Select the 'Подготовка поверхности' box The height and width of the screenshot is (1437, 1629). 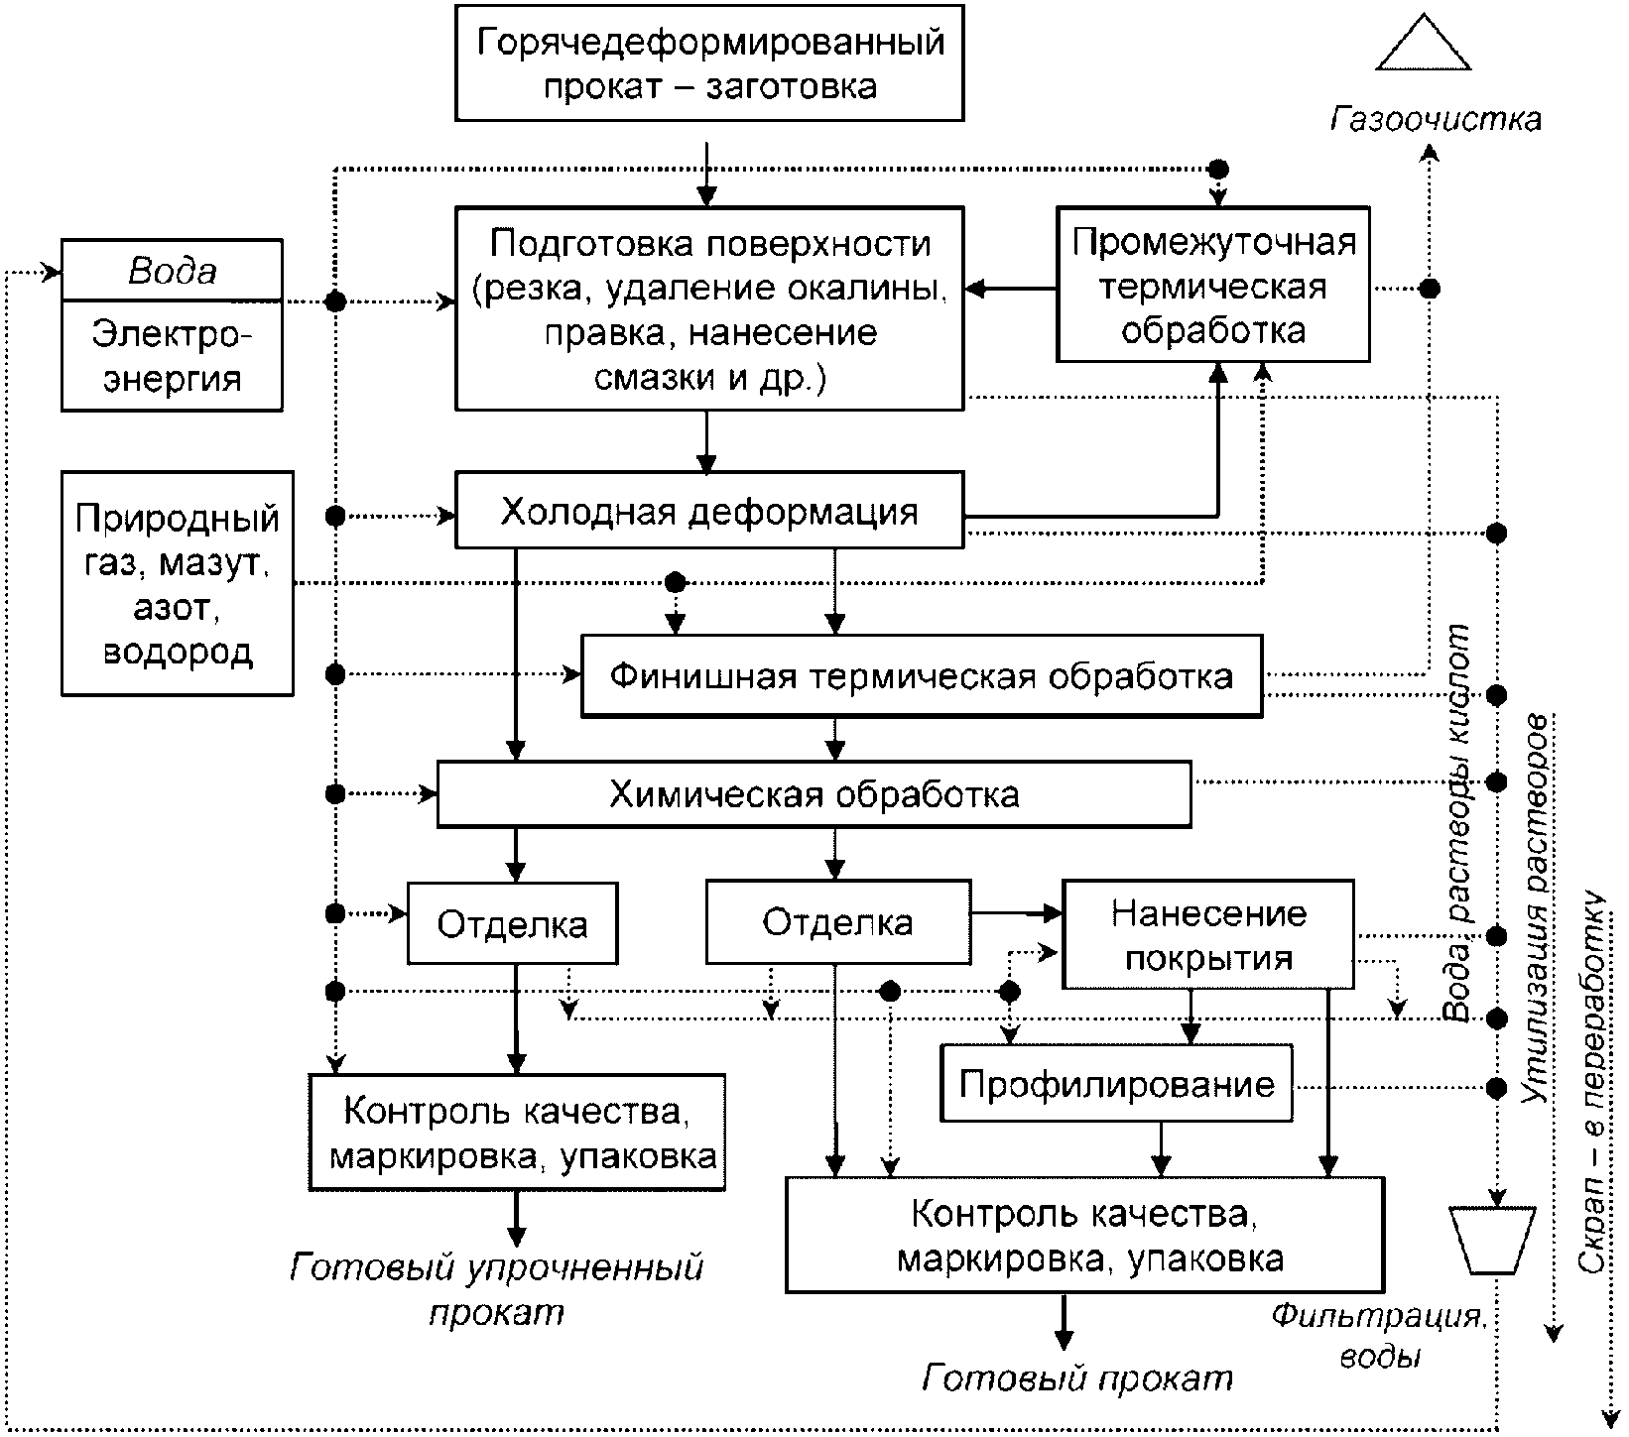(709, 308)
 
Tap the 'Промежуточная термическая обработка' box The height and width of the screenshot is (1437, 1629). (1212, 285)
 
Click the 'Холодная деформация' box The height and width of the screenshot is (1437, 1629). (709, 510)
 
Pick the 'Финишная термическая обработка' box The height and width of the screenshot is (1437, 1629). (922, 676)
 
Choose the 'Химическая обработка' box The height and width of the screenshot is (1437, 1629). (814, 794)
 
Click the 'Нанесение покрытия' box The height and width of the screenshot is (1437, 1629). (1208, 934)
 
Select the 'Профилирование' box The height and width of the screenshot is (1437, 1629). (1117, 1083)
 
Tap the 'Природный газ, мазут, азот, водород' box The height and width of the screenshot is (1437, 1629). (178, 583)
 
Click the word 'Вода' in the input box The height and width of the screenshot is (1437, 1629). (173, 271)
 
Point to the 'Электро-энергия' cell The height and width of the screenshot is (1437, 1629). (173, 355)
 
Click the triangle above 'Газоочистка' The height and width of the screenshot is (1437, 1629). (1424, 42)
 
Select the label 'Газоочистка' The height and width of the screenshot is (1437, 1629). (1436, 119)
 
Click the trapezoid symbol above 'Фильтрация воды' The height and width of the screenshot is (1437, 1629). (1492, 1240)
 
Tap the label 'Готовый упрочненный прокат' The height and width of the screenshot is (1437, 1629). (496, 1289)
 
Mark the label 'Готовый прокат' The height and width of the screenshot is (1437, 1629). (1077, 1377)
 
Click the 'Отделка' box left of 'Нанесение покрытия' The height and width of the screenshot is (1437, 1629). (838, 922)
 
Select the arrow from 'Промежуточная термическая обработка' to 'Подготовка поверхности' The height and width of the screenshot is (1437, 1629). (1011, 289)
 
